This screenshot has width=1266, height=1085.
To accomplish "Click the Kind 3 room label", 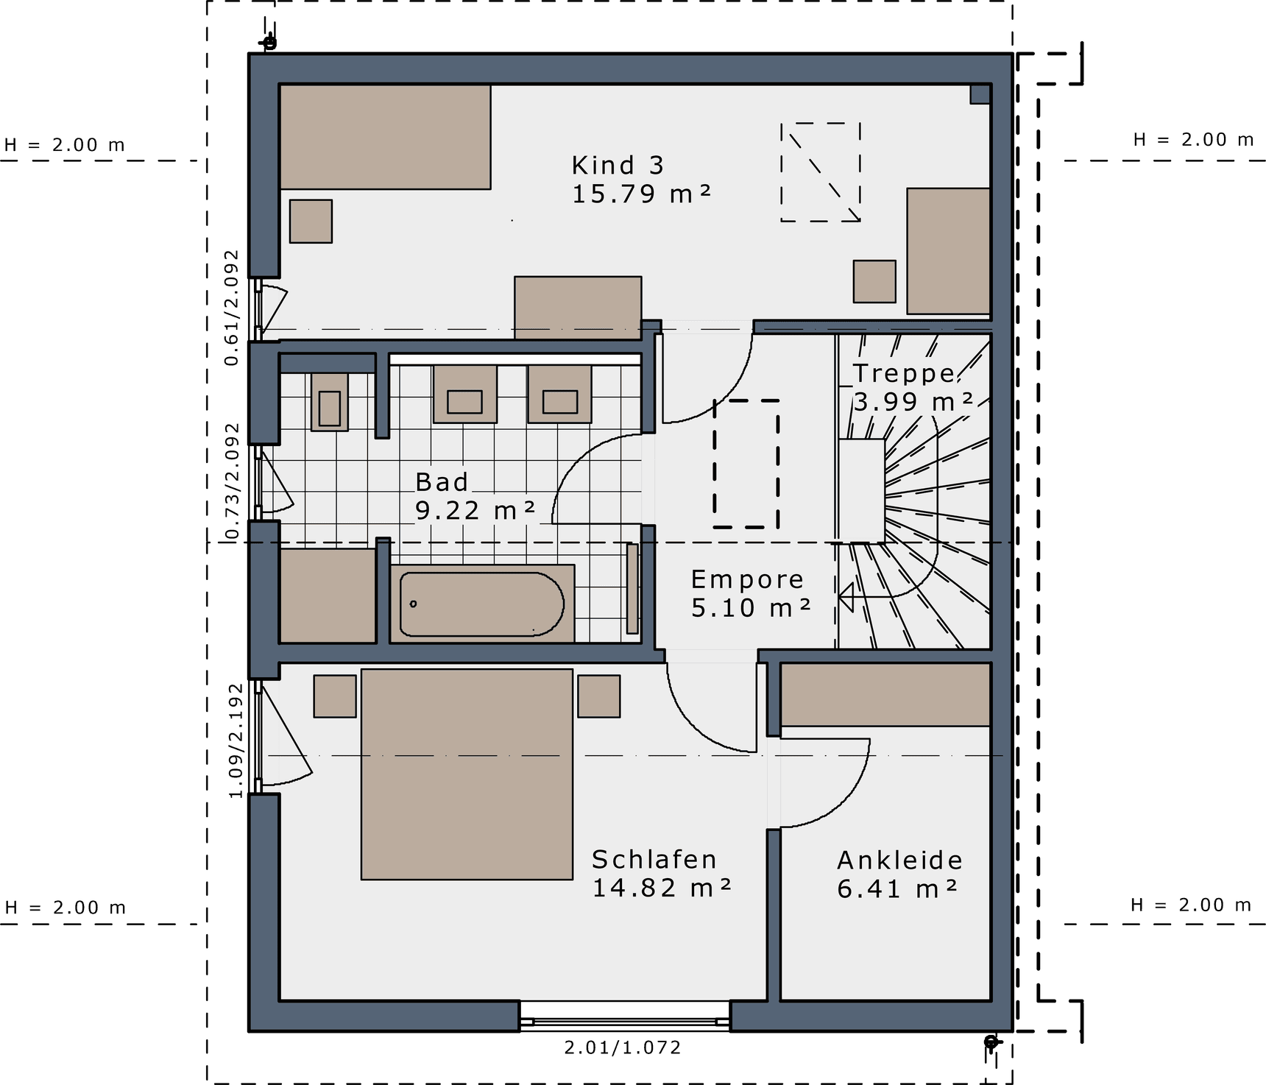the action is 618,165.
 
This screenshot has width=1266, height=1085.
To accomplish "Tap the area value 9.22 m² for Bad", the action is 475,510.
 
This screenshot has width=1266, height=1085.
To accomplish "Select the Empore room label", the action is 747,580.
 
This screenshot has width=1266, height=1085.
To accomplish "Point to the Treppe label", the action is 905,373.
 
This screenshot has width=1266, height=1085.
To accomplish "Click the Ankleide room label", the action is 899,860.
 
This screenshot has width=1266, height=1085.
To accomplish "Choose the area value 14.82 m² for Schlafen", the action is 662,888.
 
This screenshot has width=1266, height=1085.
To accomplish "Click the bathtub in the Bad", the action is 482,604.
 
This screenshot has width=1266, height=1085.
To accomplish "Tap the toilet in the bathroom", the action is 329,401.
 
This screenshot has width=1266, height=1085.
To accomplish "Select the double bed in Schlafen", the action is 467,774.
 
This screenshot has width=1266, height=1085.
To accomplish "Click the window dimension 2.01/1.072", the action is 623,1047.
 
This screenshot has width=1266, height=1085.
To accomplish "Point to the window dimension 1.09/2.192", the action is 236,741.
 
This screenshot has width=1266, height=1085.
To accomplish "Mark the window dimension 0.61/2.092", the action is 232,308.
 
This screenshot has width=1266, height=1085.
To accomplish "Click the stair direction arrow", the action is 846,597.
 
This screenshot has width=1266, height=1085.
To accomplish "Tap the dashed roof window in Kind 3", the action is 821,172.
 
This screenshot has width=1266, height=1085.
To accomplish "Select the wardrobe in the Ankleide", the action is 885,694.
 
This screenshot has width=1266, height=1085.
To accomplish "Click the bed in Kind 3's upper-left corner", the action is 385,137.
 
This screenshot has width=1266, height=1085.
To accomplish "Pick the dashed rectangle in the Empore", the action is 746,464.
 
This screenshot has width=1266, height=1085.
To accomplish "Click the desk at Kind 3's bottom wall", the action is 578,308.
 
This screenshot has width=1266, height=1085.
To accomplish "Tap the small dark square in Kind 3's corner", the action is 980,94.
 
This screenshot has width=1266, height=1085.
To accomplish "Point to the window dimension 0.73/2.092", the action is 233,481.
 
